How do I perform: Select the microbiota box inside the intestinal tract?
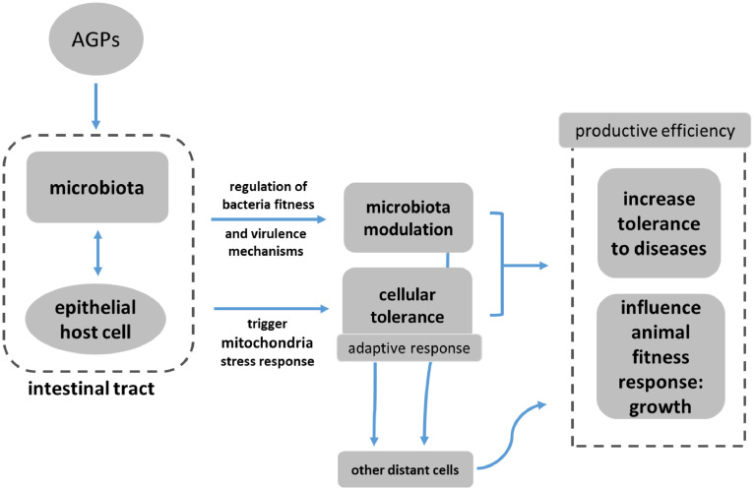[94, 186]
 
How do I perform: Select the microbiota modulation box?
[407, 221]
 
